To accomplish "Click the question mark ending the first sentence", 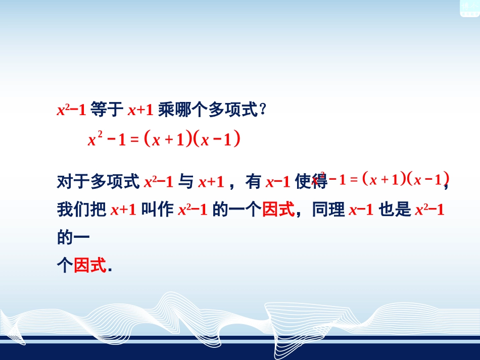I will click(262, 110).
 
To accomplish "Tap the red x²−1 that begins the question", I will click(71, 110).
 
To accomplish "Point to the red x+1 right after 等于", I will click(140, 110).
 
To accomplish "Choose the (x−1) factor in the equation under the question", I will click(218, 140).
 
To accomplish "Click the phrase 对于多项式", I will click(99, 181).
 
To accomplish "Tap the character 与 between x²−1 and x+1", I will click(185, 181).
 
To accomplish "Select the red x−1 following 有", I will click(277, 181).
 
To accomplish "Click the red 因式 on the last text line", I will click(90, 265).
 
